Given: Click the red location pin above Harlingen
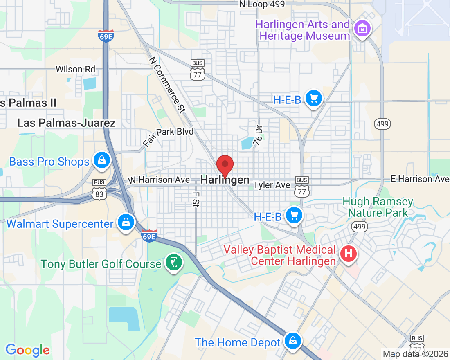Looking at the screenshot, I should coord(225,165).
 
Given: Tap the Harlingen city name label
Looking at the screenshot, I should coord(225,180).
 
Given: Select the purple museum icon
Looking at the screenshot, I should coord(362,29).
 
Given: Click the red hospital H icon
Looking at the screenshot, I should coord(348,254).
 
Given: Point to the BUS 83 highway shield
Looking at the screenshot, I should coord(99,190).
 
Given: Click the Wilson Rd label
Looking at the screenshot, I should coord(75,69).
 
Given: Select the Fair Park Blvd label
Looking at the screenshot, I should coord(168,137).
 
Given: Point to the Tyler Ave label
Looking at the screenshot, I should coord(272,185).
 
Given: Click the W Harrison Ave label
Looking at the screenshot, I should coord(159,180).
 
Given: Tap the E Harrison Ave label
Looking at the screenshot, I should coord(420,179).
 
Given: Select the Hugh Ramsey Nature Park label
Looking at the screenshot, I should coord(378,207).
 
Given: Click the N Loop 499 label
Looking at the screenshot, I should coord(262,4).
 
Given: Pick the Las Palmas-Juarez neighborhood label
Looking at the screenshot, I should coord(66,123).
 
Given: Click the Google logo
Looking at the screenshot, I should coord(27,350).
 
